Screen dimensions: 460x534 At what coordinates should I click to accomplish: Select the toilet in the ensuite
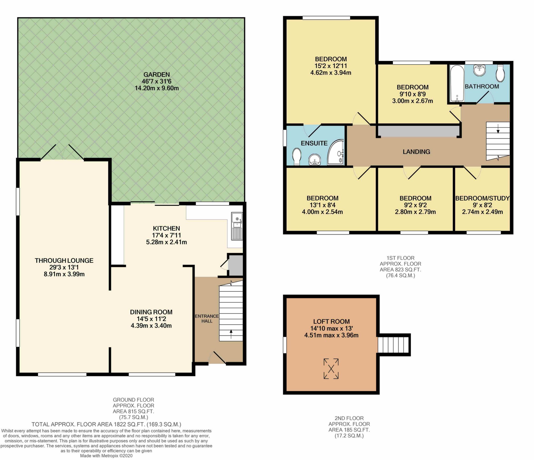click(297, 157)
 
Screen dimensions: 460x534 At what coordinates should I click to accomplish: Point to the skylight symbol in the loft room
click(331, 368)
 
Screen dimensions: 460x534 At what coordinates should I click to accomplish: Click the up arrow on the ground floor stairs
click(231, 334)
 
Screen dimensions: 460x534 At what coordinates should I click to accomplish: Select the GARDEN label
click(157, 75)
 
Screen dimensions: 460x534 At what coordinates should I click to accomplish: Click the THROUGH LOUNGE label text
click(64, 260)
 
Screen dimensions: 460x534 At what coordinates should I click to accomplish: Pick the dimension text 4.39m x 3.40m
click(151, 326)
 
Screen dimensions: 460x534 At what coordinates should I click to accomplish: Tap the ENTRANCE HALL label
click(207, 318)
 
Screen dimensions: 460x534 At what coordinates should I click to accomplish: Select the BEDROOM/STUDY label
click(482, 198)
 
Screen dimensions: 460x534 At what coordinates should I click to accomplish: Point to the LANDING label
click(416, 152)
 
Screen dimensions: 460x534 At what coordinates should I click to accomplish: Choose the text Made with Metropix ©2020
click(106, 456)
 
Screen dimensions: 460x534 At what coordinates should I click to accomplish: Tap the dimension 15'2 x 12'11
click(331, 66)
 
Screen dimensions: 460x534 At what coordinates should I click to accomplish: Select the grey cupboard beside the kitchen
click(235, 265)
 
